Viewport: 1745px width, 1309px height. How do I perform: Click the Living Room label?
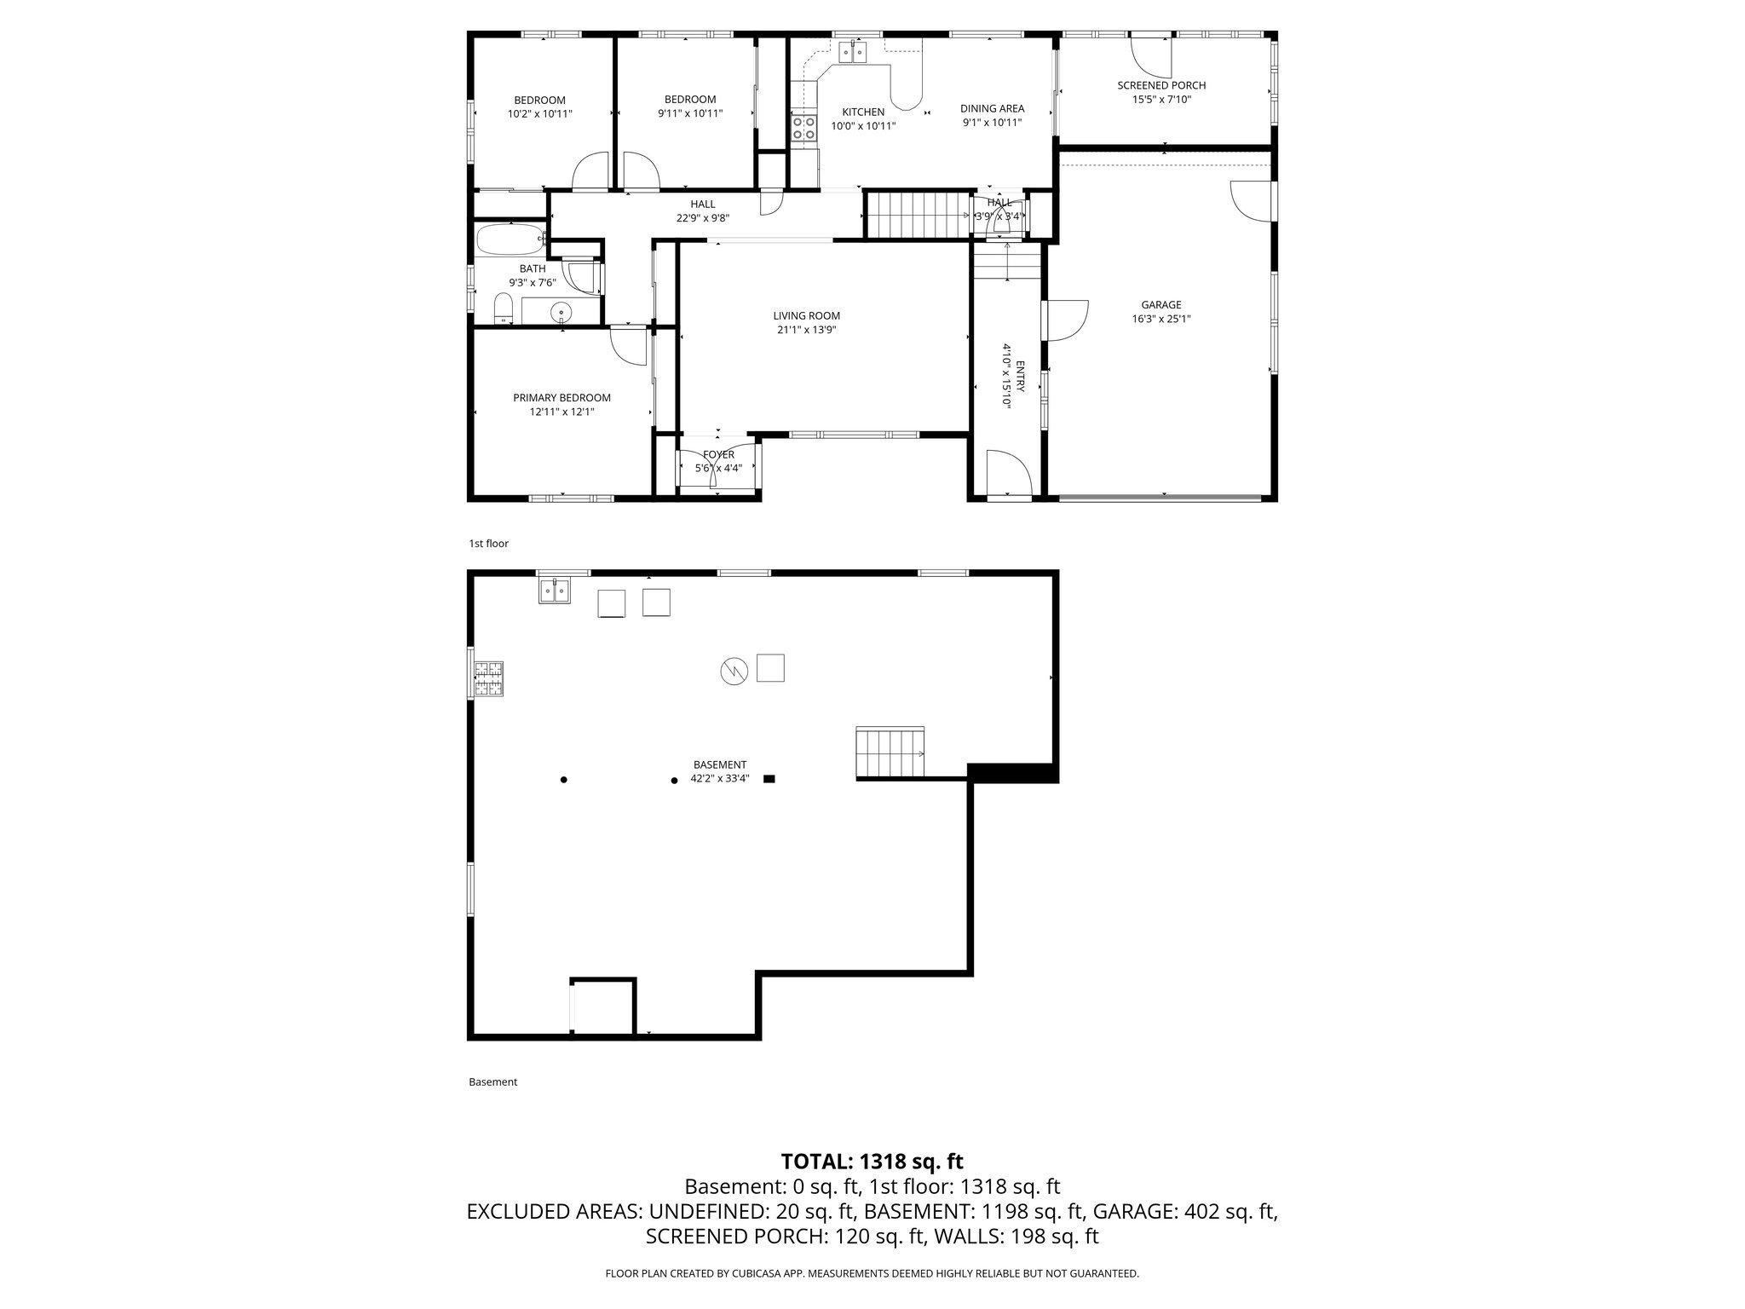(x=806, y=316)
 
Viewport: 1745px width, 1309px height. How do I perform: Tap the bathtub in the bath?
(x=510, y=239)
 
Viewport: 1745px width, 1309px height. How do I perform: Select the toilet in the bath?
(x=504, y=308)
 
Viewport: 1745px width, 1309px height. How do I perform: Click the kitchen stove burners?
(x=803, y=128)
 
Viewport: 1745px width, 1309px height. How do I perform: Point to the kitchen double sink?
(x=852, y=53)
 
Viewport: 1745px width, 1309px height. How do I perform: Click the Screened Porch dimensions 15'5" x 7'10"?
(x=1160, y=100)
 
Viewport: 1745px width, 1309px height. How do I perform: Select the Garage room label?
(x=1160, y=305)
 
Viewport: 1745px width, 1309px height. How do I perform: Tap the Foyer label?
(x=718, y=455)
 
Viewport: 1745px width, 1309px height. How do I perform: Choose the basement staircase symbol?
(x=890, y=753)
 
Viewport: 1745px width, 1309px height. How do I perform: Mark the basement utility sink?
(x=554, y=590)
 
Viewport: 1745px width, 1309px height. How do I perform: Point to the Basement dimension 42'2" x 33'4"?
(x=719, y=778)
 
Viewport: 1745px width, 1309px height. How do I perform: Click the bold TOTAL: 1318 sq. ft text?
(x=872, y=1161)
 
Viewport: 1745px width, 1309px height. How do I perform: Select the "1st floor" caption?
(x=488, y=544)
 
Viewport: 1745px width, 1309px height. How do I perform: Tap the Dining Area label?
(x=992, y=108)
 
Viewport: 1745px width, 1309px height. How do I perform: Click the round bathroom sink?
(x=562, y=313)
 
